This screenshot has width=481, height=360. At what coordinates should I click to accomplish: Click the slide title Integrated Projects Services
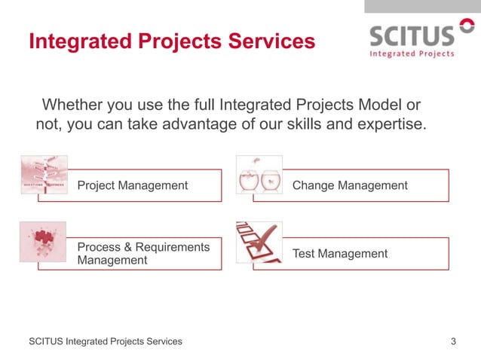tap(171, 41)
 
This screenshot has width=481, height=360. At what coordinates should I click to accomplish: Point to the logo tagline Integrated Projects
tap(411, 53)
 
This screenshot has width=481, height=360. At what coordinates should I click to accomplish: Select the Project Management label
tap(133, 185)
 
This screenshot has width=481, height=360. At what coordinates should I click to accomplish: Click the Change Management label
tap(350, 185)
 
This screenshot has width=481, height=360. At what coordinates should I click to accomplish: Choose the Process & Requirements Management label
tap(143, 253)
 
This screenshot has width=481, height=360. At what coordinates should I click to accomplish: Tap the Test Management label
tap(340, 254)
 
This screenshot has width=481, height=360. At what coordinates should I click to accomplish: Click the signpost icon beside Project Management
tap(44, 175)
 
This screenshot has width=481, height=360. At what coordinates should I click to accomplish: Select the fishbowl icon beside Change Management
tap(259, 175)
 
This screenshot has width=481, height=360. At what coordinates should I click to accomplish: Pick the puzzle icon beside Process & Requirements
tap(43, 241)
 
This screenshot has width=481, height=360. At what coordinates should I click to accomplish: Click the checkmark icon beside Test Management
tap(259, 241)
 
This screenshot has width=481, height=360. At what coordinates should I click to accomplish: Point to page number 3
tap(453, 342)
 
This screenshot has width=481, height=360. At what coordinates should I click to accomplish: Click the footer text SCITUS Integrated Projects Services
tap(106, 342)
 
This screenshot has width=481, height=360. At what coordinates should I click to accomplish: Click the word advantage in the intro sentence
tap(202, 124)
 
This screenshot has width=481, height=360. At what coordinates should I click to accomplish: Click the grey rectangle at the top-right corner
tap(422, 6)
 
